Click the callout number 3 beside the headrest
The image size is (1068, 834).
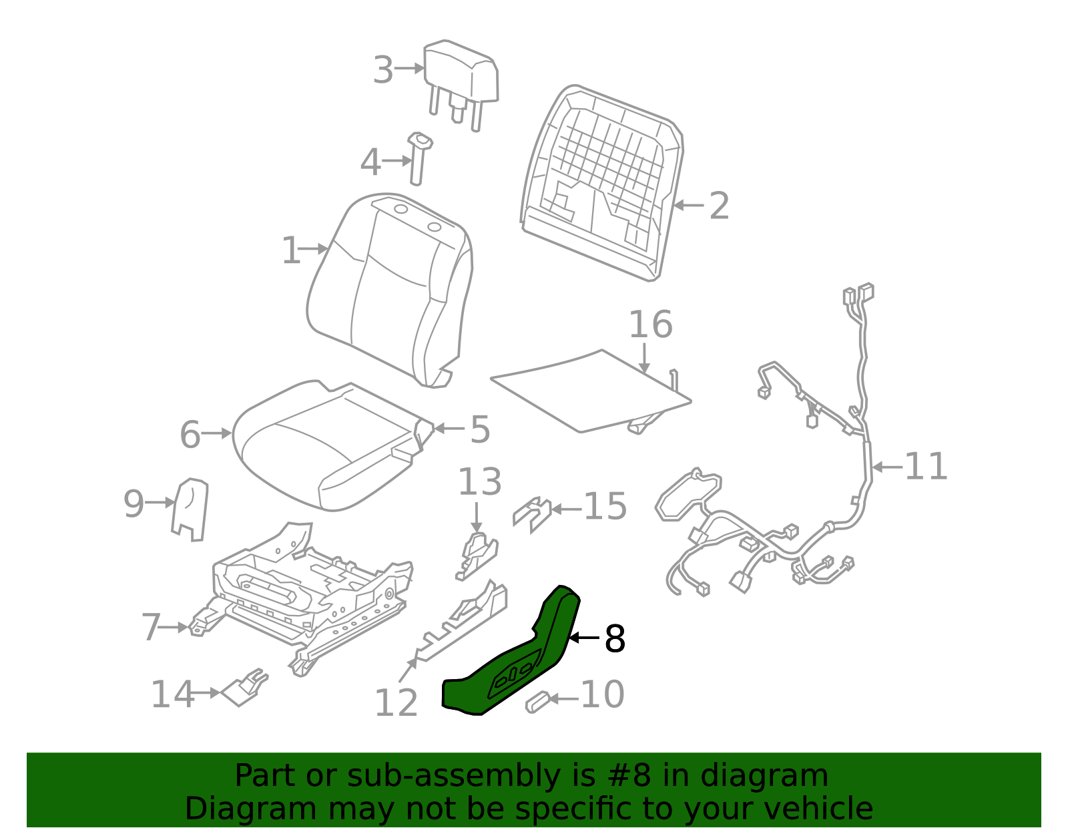[383, 70]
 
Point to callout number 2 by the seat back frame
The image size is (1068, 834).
[719, 206]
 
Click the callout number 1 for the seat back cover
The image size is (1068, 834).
[291, 251]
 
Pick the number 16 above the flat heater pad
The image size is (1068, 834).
[651, 325]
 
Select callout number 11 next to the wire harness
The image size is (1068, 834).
[926, 466]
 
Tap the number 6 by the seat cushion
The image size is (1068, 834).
[190, 435]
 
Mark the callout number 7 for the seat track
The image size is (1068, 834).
[152, 628]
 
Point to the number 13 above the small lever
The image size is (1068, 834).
[479, 482]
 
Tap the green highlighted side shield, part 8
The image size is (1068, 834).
[521, 661]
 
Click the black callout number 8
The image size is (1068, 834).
[614, 639]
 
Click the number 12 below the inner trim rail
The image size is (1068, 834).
[396, 703]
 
